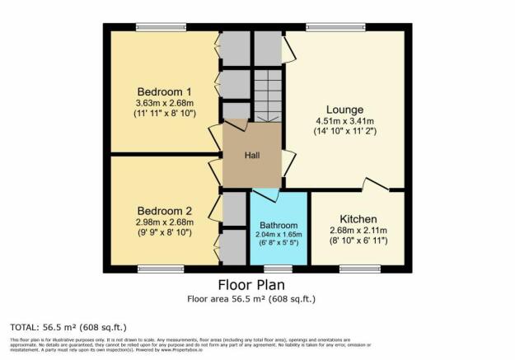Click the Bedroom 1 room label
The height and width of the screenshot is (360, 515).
(x=166, y=91)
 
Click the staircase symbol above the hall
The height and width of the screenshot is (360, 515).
(x=267, y=96)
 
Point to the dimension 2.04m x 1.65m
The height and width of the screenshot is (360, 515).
(x=279, y=234)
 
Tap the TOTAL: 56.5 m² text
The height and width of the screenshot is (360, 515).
(x=68, y=327)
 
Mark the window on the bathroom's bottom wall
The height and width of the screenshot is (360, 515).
(x=278, y=269)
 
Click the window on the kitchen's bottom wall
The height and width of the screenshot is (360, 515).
(x=354, y=269)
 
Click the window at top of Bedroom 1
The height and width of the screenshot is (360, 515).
(x=161, y=27)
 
